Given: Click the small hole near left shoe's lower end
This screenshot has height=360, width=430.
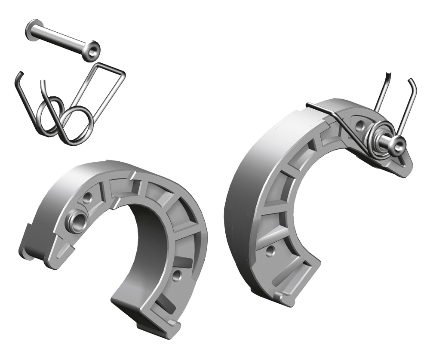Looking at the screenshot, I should coord(176,275).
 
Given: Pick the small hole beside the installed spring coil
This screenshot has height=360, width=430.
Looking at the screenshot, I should coord(359,125).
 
